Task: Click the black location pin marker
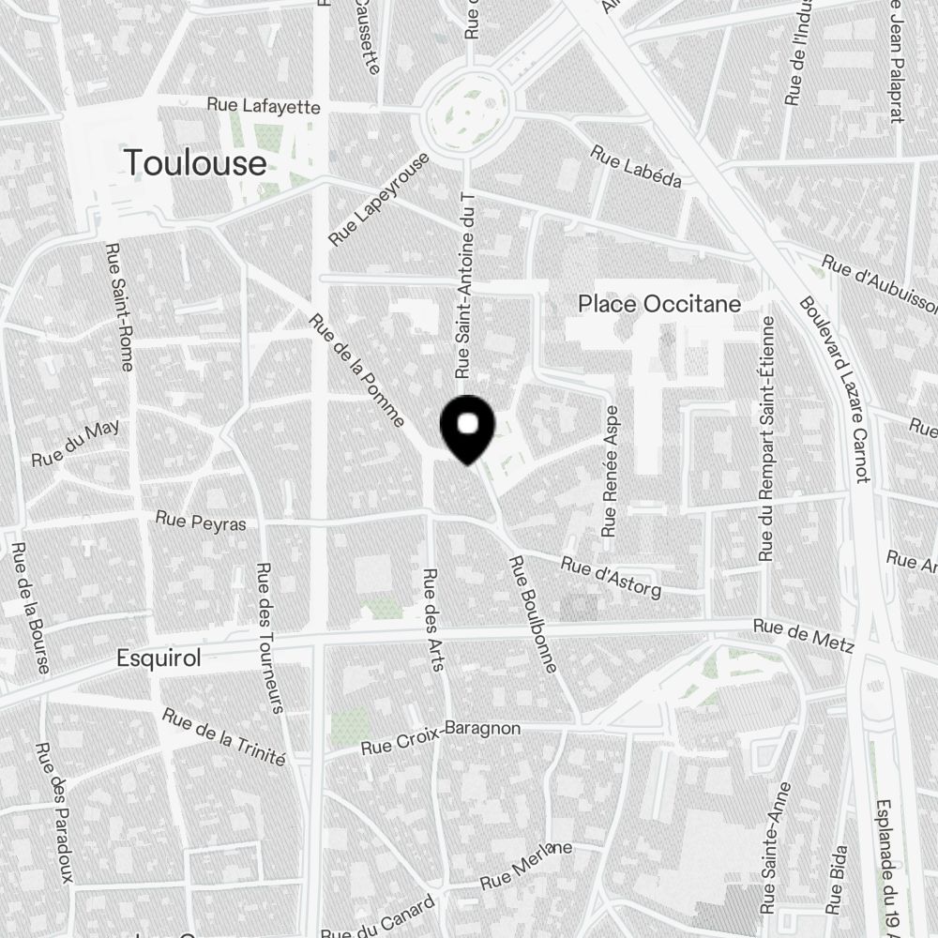pos(467,429)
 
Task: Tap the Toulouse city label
pos(195,163)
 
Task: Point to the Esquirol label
pos(159,658)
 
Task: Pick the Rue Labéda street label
pos(636,166)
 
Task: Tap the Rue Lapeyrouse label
pos(379,199)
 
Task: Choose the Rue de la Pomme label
pos(356,370)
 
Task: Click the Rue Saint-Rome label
pos(118,307)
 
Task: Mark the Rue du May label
pos(76,445)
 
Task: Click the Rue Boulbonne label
pos(533,614)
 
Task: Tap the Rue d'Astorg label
pos(611,577)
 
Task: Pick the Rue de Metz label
pos(804,635)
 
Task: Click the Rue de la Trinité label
pos(223,736)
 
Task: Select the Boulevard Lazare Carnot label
pos(835,389)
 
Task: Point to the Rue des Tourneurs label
pos(269,638)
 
